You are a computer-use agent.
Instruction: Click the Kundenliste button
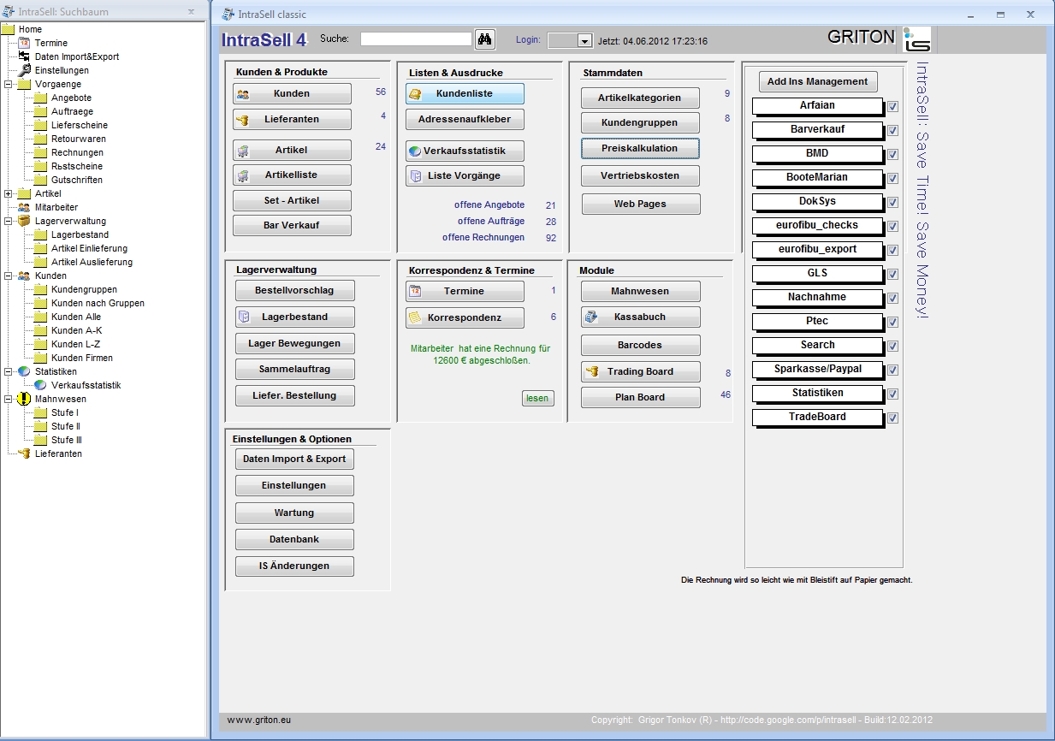[465, 94]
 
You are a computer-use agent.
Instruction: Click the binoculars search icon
[484, 39]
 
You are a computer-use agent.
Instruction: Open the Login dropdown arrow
[584, 41]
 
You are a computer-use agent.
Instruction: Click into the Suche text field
[416, 39]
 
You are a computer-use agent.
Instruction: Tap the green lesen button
[537, 398]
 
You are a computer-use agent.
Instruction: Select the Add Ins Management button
[818, 81]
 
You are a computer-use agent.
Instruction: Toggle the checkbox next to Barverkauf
[892, 130]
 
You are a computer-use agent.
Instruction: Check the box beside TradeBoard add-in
[892, 418]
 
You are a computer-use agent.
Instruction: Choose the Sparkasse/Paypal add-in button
[818, 370]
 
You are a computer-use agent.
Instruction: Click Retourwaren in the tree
[79, 139]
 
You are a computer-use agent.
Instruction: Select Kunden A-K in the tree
[77, 330]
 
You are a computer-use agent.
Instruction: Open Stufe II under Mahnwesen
[66, 426]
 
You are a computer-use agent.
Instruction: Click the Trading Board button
[641, 371]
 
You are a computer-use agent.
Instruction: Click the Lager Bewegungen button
[295, 343]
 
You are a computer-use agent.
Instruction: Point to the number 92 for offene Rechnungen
[551, 238]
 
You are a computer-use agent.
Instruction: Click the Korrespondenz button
[465, 317]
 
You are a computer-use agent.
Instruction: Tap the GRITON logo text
[861, 37]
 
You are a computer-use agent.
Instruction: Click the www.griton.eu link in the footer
[259, 720]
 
